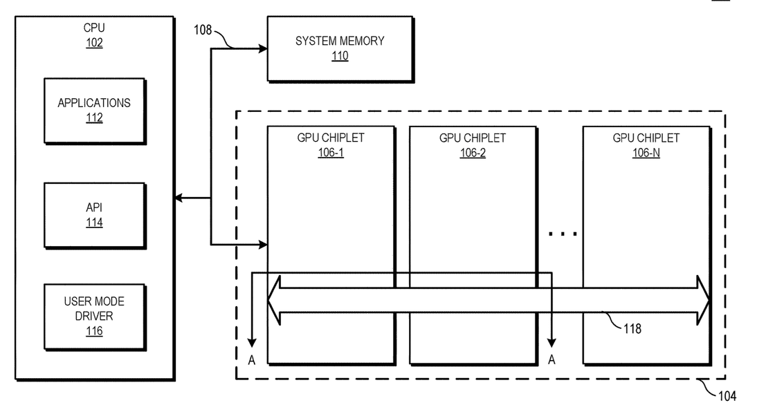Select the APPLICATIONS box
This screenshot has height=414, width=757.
[94, 111]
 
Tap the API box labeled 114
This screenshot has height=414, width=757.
[94, 215]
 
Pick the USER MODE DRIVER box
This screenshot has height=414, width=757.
[94, 317]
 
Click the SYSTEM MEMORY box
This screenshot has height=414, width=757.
[340, 48]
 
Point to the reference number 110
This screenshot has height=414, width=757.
[340, 57]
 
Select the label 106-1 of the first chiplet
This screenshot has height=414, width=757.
[331, 153]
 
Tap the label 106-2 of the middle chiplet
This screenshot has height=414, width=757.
[473, 153]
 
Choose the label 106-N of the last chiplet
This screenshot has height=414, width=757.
[646, 153]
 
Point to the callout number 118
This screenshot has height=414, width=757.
[632, 329]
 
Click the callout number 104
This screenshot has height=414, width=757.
[727, 396]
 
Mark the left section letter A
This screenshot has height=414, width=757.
[252, 359]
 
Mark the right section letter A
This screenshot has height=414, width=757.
[551, 359]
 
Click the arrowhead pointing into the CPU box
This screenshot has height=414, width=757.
[178, 199]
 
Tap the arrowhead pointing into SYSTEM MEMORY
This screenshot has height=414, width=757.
[263, 48]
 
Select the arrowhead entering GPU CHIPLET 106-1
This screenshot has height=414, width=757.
[263, 244]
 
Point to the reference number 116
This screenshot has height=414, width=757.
[94, 332]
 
